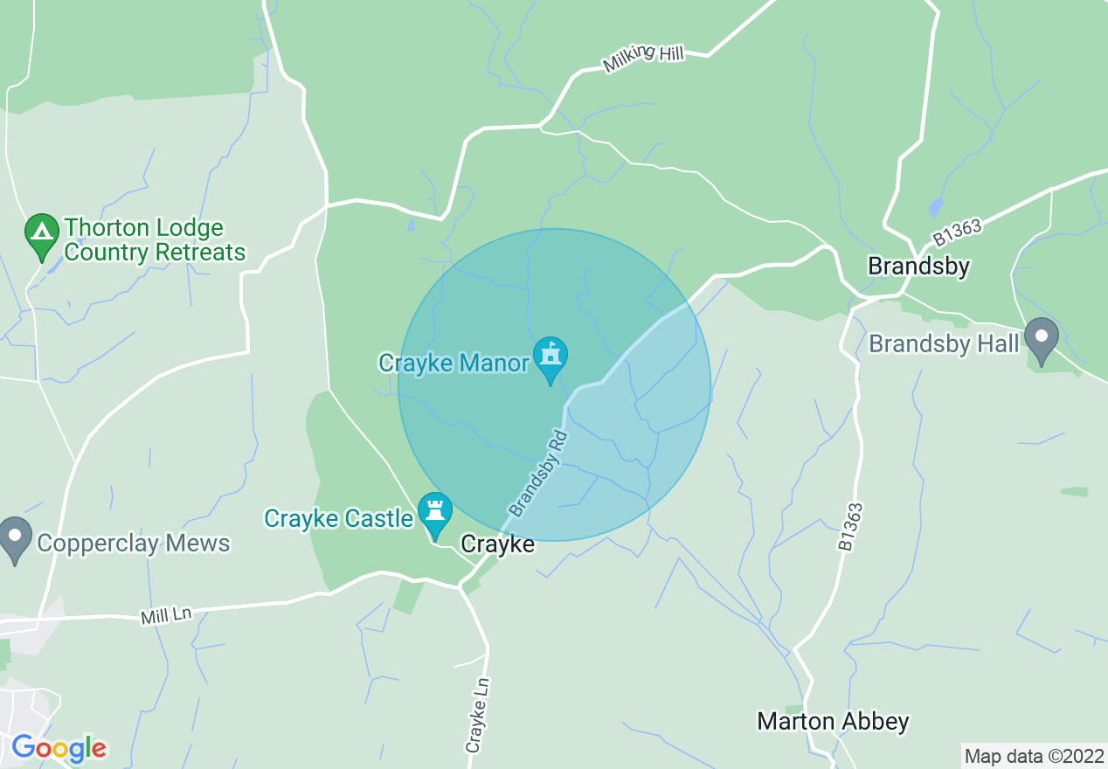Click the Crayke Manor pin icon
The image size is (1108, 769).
coord(551,357)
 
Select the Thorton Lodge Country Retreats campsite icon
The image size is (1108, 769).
coord(41,234)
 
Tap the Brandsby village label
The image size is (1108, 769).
coord(918,267)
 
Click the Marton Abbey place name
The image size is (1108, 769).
coord(833,722)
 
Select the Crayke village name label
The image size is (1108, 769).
coord(497,544)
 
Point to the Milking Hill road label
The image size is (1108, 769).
coord(642,59)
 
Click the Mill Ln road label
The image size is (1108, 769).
coord(165,615)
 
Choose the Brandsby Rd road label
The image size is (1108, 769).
coord(538,473)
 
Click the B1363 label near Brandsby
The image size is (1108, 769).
coord(957,233)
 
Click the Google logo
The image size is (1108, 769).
coord(59,749)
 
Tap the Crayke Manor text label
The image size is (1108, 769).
coord(454,363)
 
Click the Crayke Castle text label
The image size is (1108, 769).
coord(339,518)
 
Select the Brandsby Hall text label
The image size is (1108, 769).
coord(944,344)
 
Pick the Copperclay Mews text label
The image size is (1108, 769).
coord(133,544)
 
